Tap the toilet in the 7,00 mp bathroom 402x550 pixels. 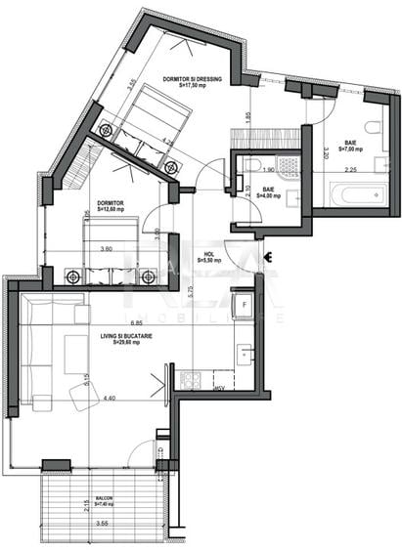373,128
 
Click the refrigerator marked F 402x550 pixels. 245,306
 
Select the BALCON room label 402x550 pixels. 104,499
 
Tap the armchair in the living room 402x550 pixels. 82,396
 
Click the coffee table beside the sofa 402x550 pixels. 76,353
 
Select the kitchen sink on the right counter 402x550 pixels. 245,353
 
